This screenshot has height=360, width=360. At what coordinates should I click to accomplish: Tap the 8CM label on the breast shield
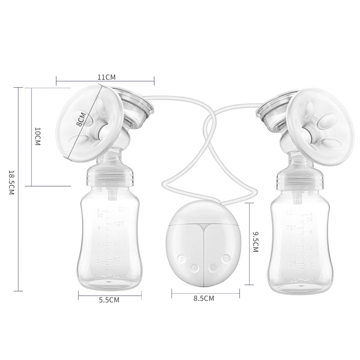(x=82, y=120)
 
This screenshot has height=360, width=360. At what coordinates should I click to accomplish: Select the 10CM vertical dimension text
(x=38, y=136)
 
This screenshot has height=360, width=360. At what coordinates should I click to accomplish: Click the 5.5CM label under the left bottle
(x=109, y=300)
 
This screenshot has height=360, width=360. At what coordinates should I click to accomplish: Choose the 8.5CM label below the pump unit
(x=204, y=299)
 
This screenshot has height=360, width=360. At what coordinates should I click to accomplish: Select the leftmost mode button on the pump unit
(x=182, y=258)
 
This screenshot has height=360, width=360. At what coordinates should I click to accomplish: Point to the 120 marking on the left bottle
(x=119, y=224)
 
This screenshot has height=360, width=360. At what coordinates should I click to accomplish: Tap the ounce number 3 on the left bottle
(x=99, y=245)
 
